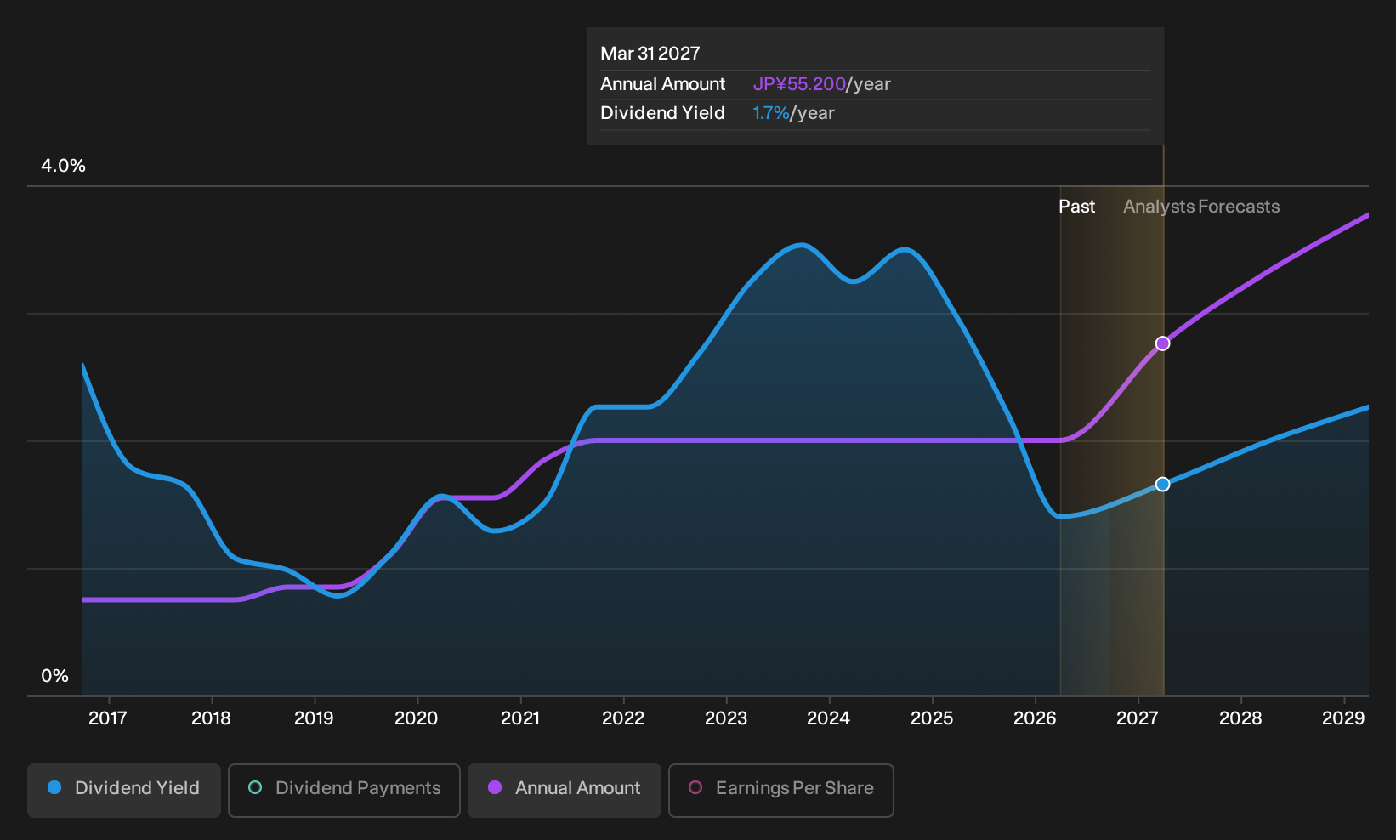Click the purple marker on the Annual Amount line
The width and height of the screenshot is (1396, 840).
1162,343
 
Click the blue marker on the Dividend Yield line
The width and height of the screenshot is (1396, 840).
1162,484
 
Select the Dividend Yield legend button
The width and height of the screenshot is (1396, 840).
124,790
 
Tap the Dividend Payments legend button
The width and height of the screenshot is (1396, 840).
344,790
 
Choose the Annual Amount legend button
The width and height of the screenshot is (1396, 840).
564,790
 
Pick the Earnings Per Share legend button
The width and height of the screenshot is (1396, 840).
780,790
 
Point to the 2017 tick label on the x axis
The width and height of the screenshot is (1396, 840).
108,718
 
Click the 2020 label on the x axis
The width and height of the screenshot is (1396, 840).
417,718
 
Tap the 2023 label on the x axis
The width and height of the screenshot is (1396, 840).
726,718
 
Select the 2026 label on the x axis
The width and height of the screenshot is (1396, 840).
1035,718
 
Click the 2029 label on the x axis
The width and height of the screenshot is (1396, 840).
1343,718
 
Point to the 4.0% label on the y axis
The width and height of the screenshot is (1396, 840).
63,166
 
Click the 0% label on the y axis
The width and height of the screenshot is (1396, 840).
55,676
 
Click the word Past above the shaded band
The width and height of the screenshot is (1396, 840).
1077,207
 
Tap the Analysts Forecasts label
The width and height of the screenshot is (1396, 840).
1201,207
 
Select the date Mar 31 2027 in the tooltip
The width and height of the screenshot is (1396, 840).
650,54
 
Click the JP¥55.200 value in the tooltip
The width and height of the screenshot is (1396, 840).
799,84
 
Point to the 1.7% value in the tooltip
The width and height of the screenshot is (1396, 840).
771,113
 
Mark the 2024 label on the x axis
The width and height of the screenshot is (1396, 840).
828,718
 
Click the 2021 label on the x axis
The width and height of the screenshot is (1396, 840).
520,718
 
